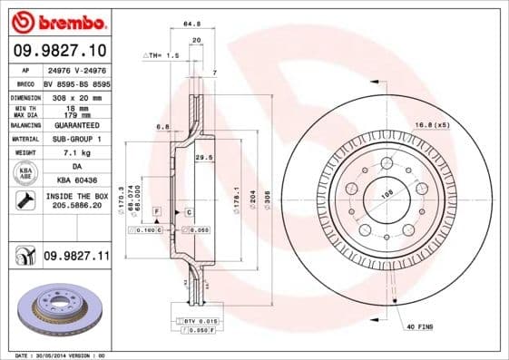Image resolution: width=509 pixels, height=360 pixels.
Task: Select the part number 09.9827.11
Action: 76,258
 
